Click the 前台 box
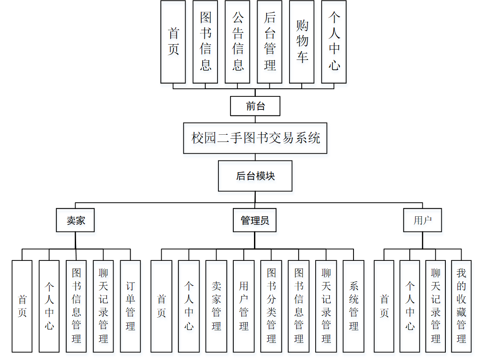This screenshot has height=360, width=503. click(255, 106)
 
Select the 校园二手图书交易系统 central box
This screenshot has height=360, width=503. click(255, 138)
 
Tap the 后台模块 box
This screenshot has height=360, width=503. click(255, 176)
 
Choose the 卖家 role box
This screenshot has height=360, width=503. click(75, 220)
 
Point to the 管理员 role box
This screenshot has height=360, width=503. click(255, 220)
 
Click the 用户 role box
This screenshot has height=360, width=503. click(422, 220)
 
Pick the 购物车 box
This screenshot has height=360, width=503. click(302, 42)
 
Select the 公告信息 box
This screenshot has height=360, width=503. click(237, 42)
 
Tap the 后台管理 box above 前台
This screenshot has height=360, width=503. click(270, 42)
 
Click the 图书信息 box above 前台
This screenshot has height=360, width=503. click(205, 42)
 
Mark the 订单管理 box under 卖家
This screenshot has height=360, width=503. click(131, 306)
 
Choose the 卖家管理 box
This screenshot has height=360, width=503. click(216, 306)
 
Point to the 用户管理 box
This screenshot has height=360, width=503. click(244, 306)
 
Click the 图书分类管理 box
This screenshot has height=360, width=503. click(271, 306)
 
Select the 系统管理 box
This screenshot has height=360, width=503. click(353, 306)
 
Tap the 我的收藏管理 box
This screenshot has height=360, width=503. click(462, 306)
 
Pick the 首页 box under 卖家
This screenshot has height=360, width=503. click(22, 306)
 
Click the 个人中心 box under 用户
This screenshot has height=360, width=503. click(410, 306)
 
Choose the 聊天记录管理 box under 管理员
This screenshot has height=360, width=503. click(326, 306)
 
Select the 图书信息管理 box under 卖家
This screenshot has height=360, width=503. click(76, 306)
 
